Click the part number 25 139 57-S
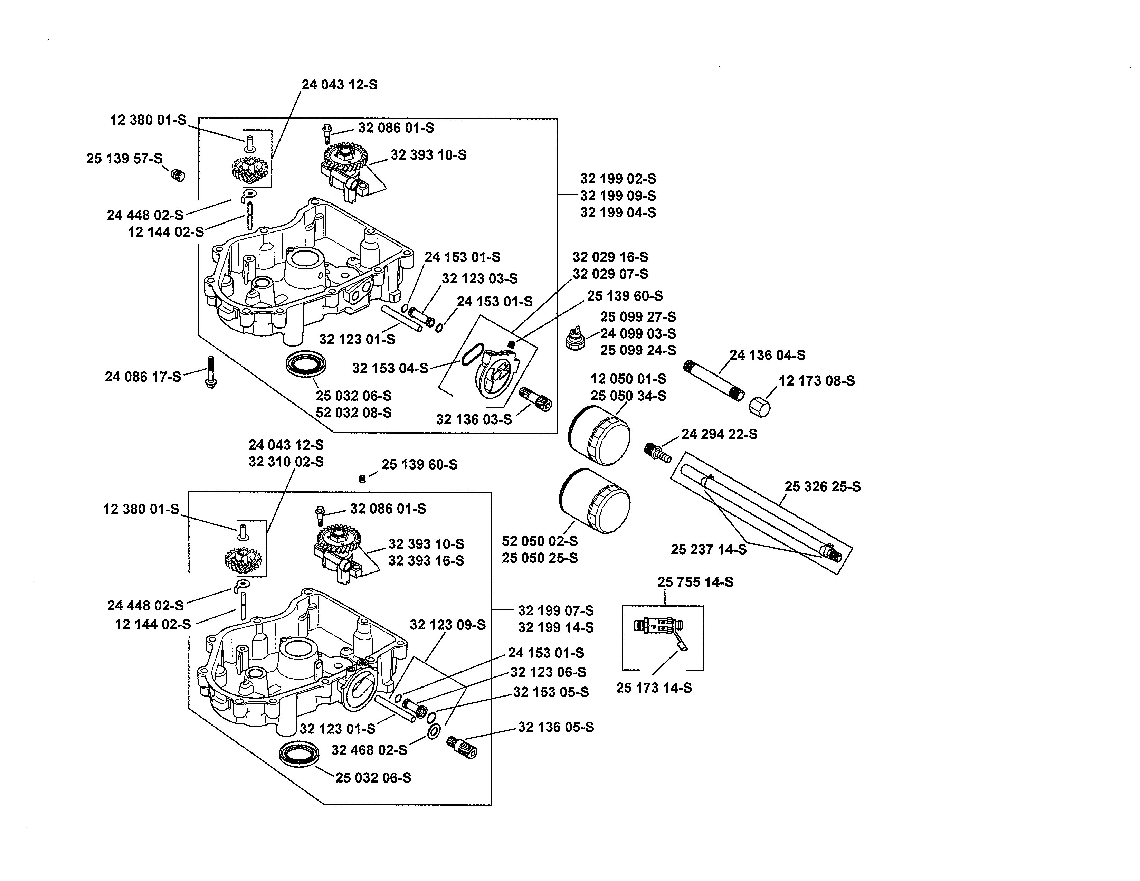coord(124,158)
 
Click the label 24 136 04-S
coord(767,356)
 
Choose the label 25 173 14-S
coord(654,688)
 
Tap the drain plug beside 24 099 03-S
coord(576,340)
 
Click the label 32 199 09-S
coord(618,196)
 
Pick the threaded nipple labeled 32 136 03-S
coord(535,399)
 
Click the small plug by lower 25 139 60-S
coord(362,479)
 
